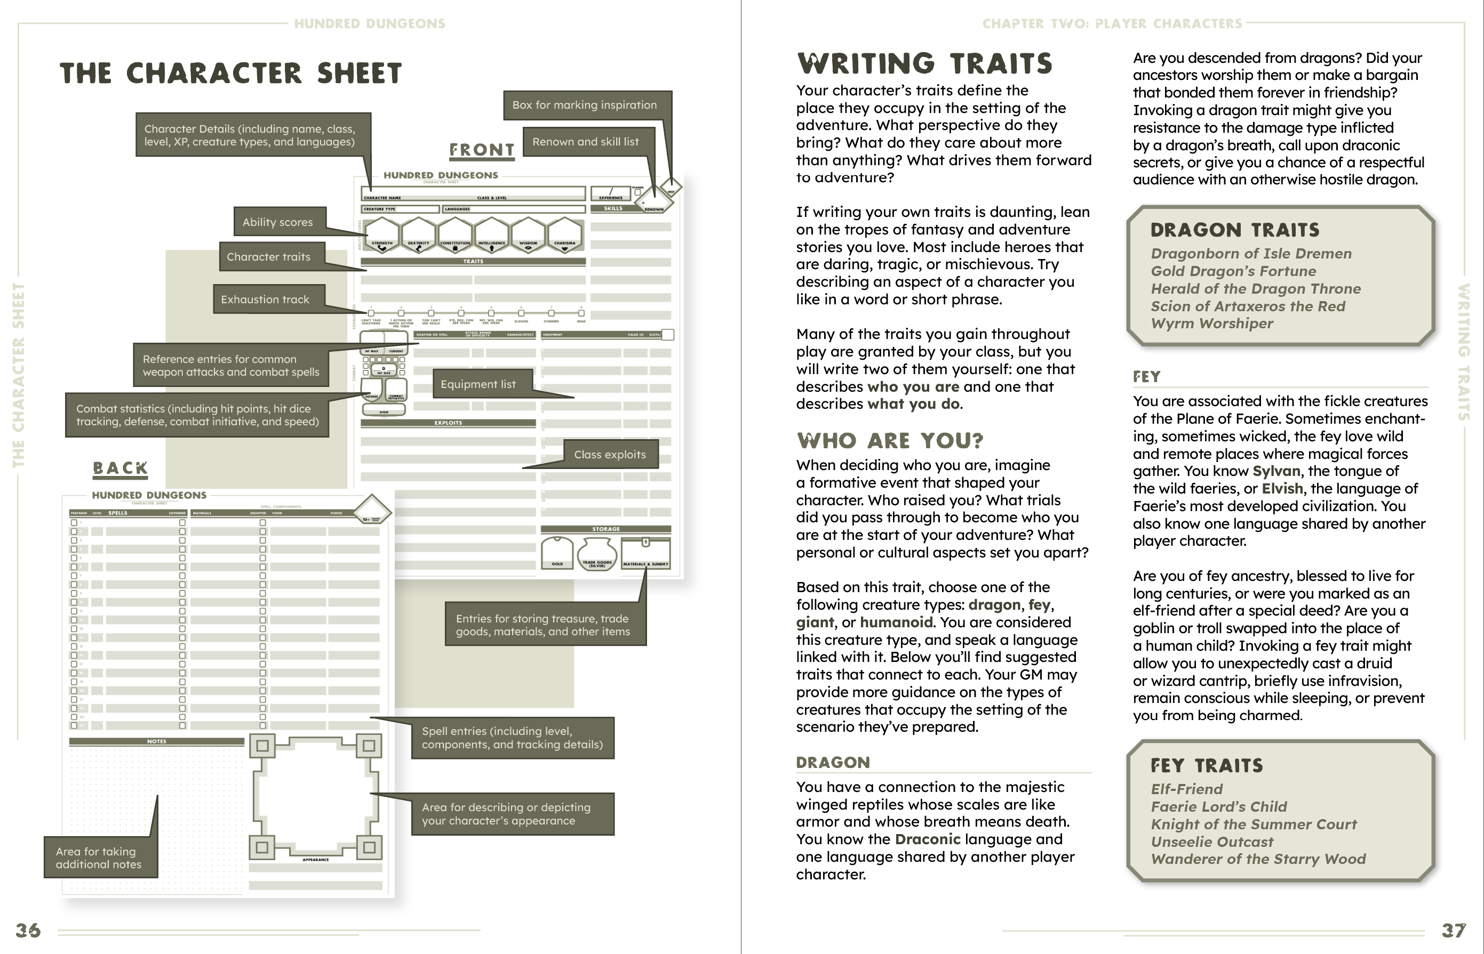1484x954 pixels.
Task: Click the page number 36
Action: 28,931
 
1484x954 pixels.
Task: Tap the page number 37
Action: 1454,931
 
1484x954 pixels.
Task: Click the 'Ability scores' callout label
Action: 278,222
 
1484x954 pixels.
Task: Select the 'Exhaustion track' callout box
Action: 265,299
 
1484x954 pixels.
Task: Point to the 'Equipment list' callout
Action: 478,384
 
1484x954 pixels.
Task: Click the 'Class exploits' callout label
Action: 610,454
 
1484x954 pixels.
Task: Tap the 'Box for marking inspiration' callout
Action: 585,104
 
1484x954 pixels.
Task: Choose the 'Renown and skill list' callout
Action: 586,141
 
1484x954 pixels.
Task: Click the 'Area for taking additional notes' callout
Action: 99,858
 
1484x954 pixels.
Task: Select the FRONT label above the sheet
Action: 482,150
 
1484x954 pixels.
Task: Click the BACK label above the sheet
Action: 120,468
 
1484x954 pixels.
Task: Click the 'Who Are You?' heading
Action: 890,440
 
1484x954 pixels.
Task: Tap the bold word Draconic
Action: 927,839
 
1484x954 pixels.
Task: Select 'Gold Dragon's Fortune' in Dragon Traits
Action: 1233,271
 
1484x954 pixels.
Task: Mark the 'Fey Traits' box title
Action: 1206,766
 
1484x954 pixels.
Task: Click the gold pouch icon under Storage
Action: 557,551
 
